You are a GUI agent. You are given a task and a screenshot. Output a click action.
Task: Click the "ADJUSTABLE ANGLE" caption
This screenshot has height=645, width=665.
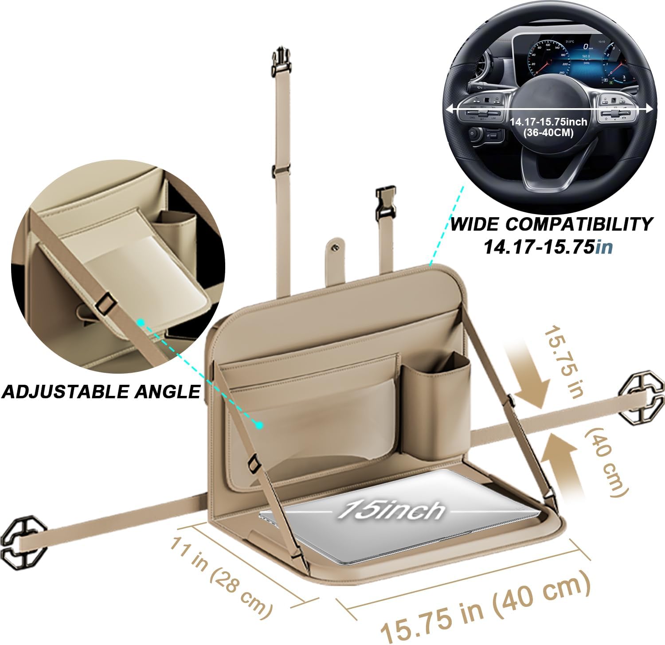pyautogui.click(x=101, y=391)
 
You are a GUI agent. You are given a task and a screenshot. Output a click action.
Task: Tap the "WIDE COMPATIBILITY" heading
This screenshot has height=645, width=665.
pyautogui.click(x=552, y=224)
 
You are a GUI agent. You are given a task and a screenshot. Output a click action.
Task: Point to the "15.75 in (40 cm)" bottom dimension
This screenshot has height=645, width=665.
pyautogui.click(x=485, y=607)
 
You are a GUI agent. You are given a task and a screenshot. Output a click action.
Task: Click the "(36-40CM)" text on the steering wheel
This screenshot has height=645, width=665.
pyautogui.click(x=548, y=133)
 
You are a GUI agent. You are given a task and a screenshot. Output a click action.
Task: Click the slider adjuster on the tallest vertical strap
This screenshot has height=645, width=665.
pyautogui.click(x=280, y=171)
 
